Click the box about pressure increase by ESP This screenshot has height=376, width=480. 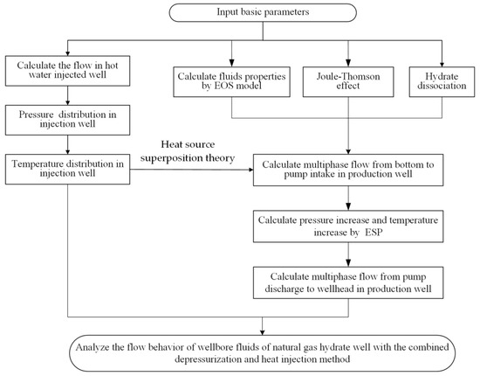click(351, 225)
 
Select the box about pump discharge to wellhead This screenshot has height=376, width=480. click(351, 278)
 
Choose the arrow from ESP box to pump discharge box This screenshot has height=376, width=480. click(351, 252)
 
